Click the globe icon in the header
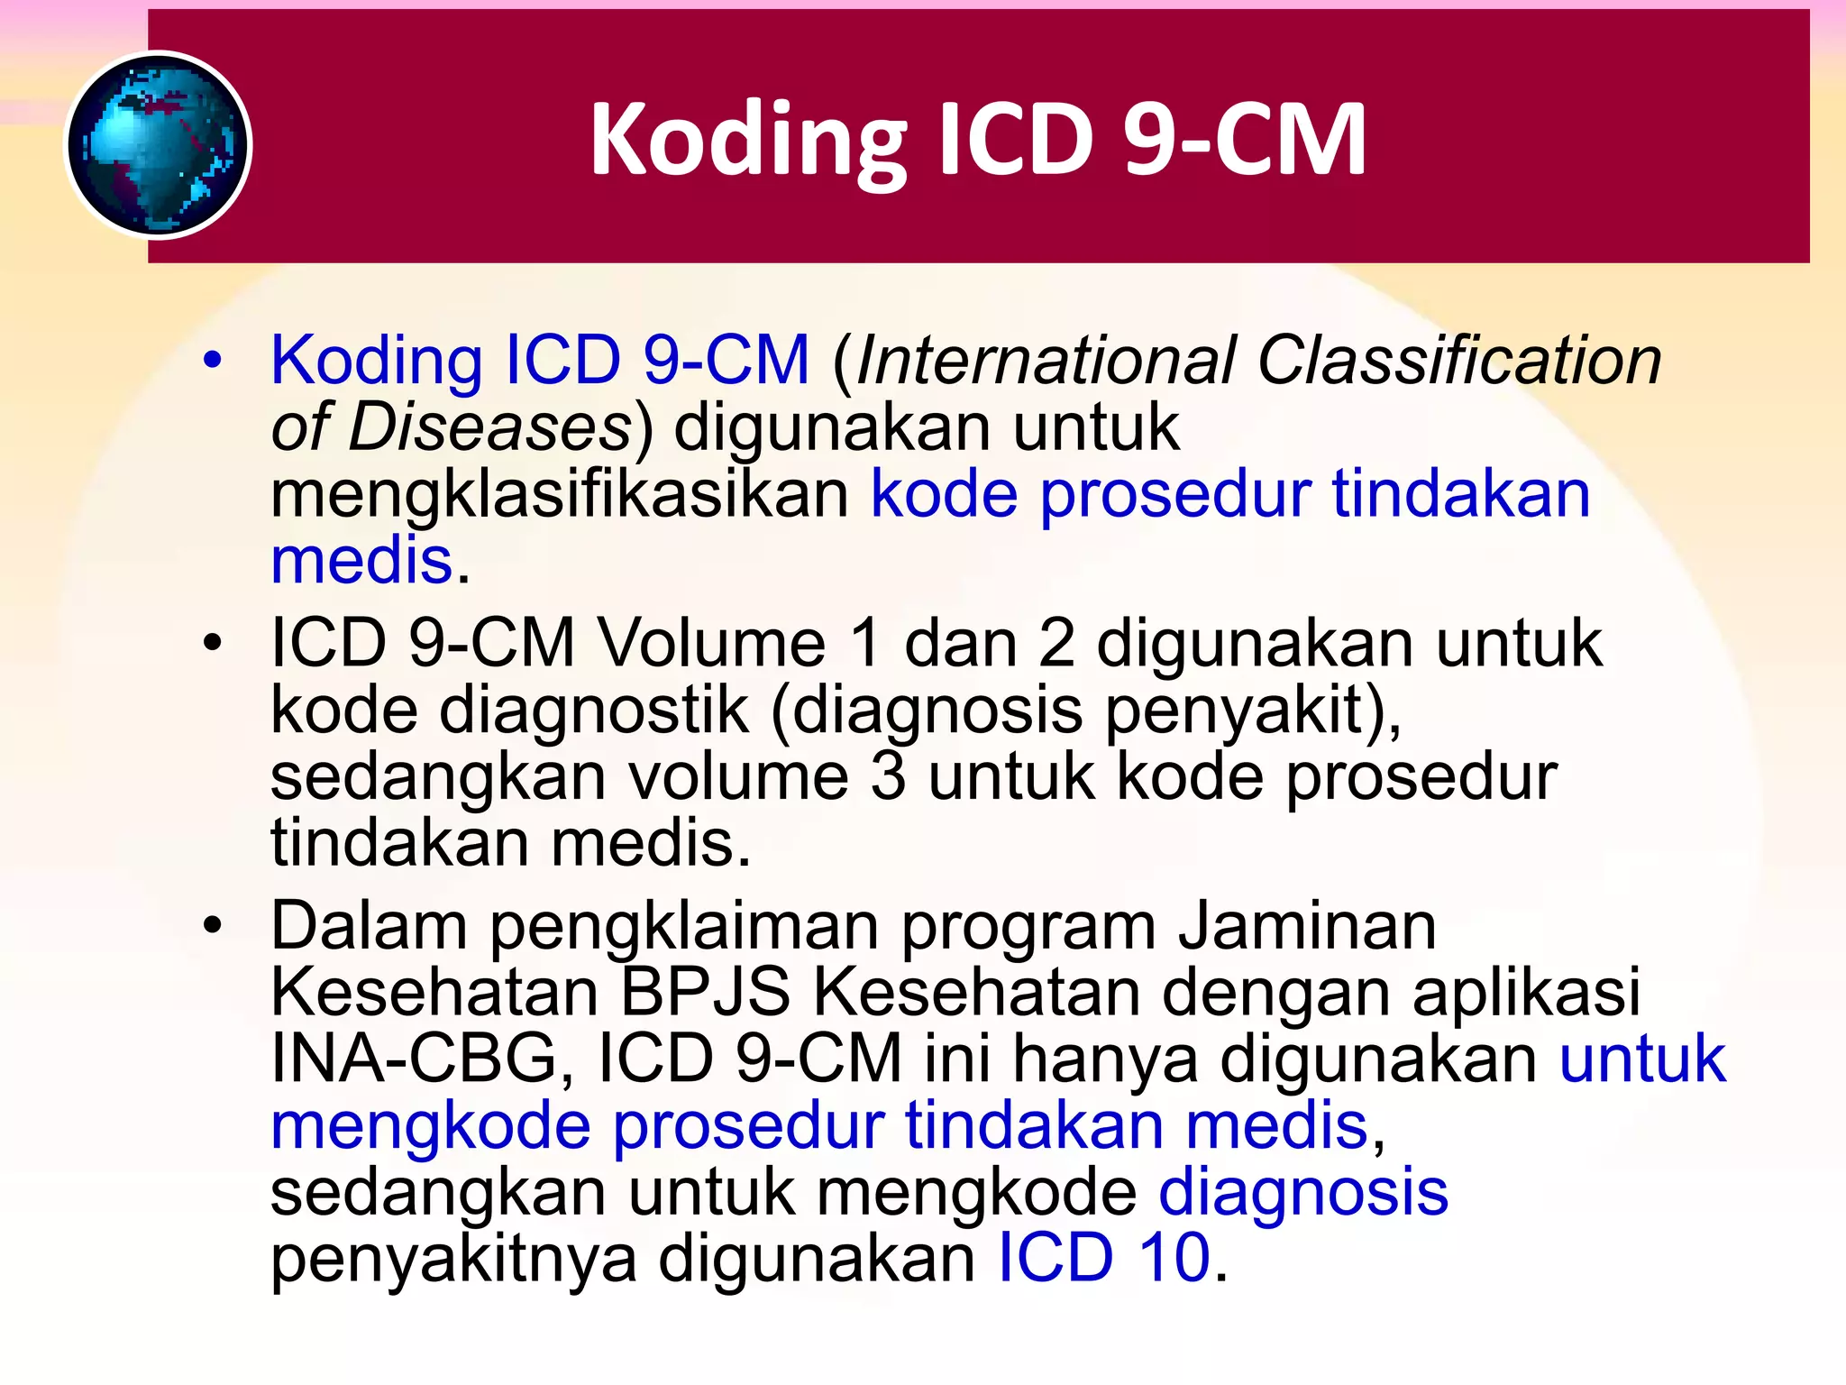coord(159,145)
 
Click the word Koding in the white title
coord(747,141)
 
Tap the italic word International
coord(1046,361)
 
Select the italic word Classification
coord(1459,361)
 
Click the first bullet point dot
coord(213,361)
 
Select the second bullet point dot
coord(213,644)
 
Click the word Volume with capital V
coord(712,644)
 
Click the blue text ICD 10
coord(1104,1259)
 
